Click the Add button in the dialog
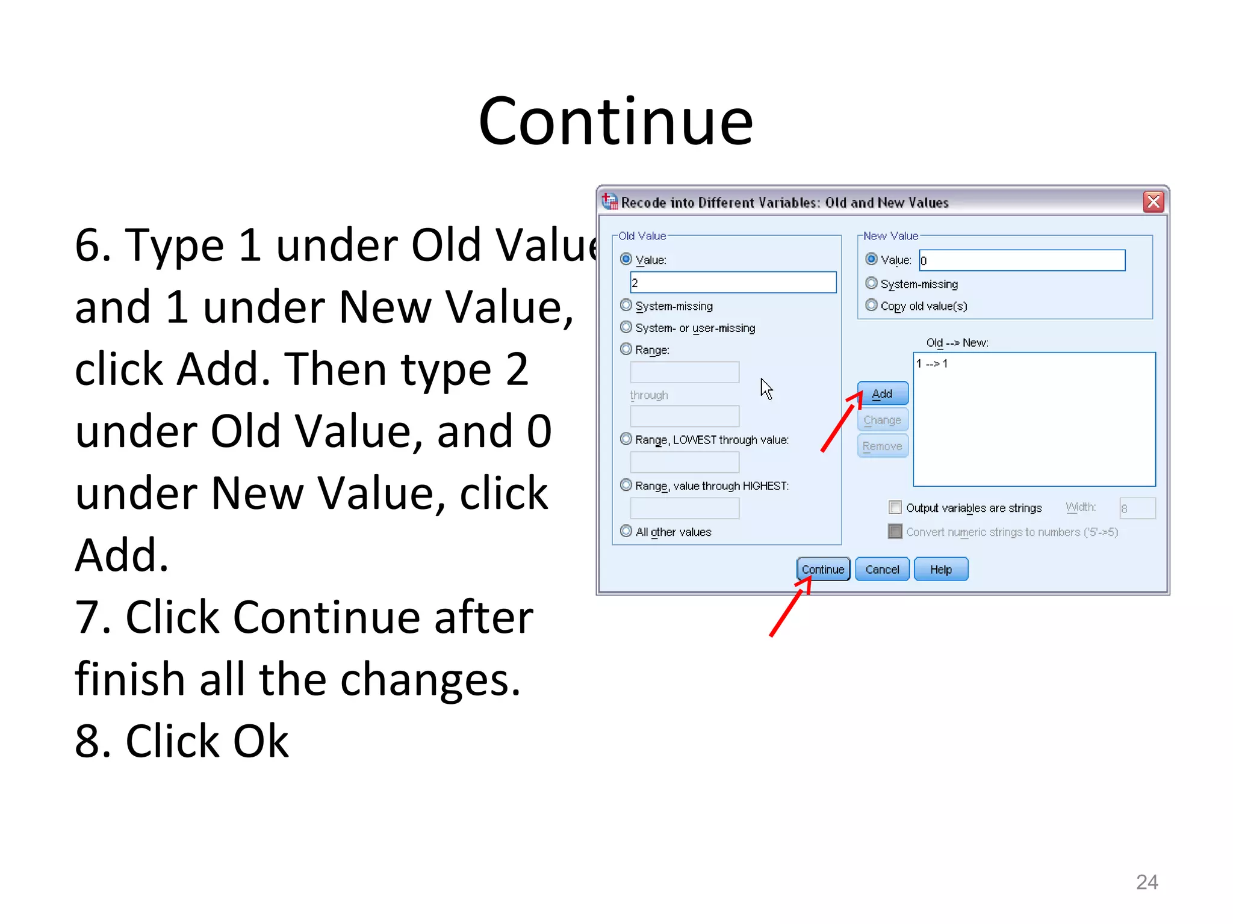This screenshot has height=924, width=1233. [x=882, y=394]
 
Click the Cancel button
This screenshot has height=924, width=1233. [x=882, y=569]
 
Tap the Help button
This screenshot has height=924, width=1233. [x=940, y=569]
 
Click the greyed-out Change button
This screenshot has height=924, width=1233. [x=882, y=420]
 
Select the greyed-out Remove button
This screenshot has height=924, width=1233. [x=882, y=446]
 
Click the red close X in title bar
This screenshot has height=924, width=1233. [x=1153, y=202]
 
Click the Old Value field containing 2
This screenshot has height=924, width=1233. [x=733, y=283]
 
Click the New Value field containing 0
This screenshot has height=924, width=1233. [x=1022, y=260]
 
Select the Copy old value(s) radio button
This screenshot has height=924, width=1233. [x=871, y=306]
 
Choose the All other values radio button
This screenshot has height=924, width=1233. [x=626, y=531]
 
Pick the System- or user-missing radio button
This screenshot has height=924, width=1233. [x=626, y=327]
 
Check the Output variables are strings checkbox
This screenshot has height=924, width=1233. [x=895, y=508]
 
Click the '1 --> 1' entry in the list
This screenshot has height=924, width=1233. [x=932, y=363]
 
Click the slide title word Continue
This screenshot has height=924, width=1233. [x=615, y=122]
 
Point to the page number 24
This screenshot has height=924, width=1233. [x=1146, y=882]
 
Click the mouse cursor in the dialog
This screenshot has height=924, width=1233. [x=766, y=389]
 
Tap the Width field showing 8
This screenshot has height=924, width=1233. [x=1137, y=508]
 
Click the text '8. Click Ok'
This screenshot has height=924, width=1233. [x=181, y=741]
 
